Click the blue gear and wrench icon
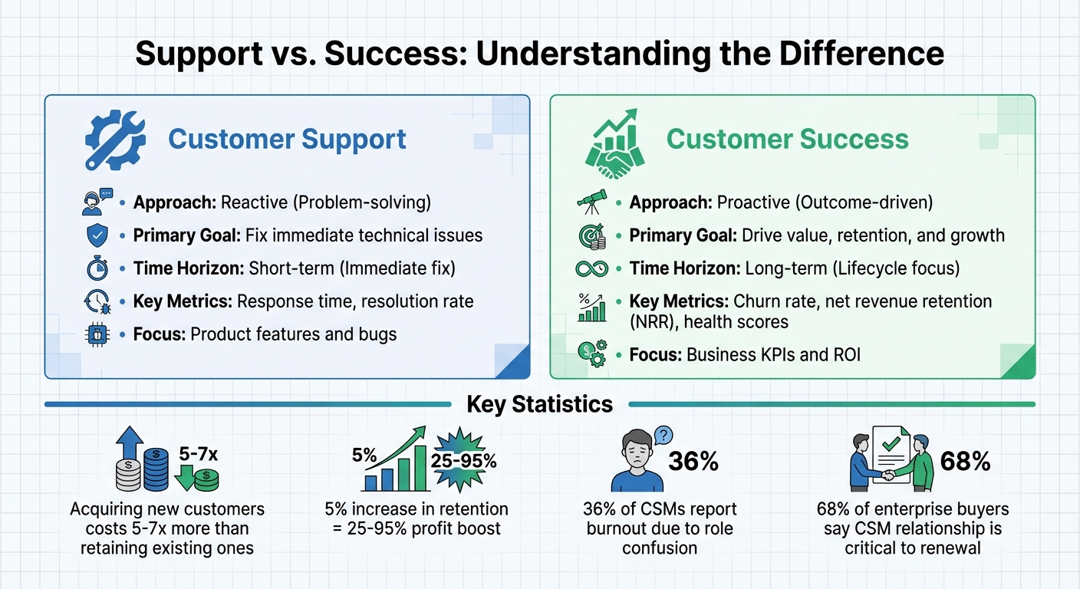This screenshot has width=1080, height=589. [x=113, y=140]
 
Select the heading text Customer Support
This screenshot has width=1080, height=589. [x=287, y=140]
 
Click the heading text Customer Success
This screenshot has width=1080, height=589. [x=787, y=139]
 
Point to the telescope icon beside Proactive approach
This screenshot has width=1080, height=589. [x=591, y=202]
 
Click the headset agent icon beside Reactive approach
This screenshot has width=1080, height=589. [x=97, y=202]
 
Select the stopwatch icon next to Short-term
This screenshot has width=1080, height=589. [x=97, y=268]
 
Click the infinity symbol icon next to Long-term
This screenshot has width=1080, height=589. [x=591, y=268]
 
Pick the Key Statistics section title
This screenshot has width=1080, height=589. [x=539, y=404]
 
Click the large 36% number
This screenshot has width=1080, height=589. [x=693, y=462]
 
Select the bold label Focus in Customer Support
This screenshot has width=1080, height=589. [x=159, y=334]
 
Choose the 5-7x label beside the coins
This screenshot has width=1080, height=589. [x=197, y=454]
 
